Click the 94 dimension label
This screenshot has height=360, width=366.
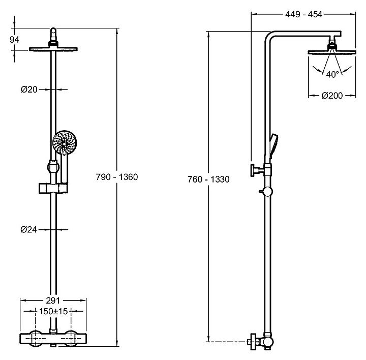15,39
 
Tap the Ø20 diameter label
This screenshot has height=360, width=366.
29,89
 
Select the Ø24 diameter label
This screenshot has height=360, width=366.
29,229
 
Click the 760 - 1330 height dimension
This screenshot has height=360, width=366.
209,179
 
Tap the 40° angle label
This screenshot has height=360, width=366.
332,74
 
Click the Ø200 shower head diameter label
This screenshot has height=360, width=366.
331,95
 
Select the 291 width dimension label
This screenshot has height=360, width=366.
53,301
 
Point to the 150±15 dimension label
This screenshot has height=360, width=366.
53,311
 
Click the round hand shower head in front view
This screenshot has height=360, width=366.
64,144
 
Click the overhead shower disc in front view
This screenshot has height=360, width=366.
53,49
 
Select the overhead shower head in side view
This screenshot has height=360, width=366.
332,52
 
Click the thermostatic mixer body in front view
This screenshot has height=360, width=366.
53,338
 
